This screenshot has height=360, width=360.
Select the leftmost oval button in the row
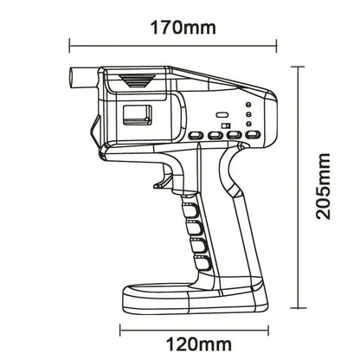tap(194, 135)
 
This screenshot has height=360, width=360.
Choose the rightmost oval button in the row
tap(252, 135)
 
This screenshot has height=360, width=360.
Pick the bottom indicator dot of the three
tap(249, 123)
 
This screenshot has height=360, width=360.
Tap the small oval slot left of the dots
tap(221, 113)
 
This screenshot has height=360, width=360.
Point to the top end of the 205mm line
tap(299, 70)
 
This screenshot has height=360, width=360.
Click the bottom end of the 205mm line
tap(299, 307)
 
